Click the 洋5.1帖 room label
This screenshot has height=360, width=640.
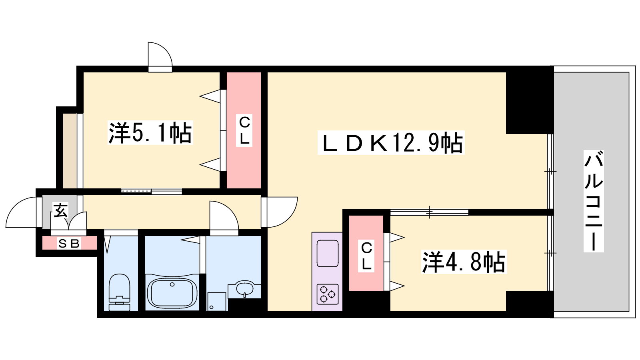click(x=150, y=132)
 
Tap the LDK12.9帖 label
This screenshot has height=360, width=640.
click(x=391, y=142)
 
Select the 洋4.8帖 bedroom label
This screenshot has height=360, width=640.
click(x=464, y=262)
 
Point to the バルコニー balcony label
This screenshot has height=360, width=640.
click(x=594, y=201)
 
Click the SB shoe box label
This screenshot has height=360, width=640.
click(x=69, y=244)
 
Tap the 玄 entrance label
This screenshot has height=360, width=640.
click(x=60, y=210)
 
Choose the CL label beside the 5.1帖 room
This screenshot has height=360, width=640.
click(x=244, y=130)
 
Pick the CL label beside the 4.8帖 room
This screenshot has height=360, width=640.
click(x=366, y=256)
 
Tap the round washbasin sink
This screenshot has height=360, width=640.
click(x=244, y=288)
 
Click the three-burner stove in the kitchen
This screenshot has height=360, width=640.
click(x=328, y=294)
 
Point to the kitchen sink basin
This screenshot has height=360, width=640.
click(x=328, y=254)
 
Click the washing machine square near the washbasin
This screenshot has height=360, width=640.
click(x=217, y=302)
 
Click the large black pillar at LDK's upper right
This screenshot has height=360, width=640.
click(x=530, y=100)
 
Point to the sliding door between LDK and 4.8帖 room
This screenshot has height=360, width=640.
click(x=430, y=212)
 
